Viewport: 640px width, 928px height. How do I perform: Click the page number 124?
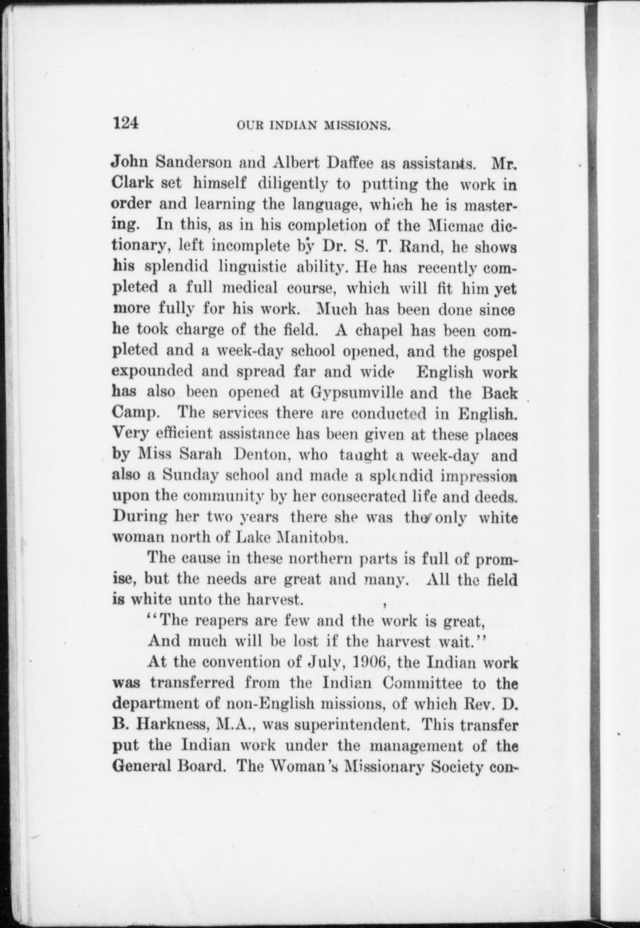click(126, 123)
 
